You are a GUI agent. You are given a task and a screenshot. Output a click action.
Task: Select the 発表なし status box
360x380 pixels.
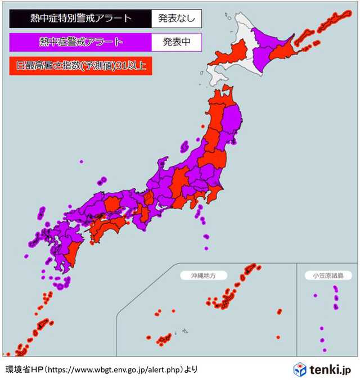[x=176, y=19]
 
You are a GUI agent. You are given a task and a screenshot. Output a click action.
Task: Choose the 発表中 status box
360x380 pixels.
[x=176, y=42]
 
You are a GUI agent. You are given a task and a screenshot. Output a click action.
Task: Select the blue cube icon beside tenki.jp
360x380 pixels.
[x=300, y=369]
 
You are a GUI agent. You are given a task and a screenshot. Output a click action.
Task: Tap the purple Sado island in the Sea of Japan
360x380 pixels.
[x=184, y=146]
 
